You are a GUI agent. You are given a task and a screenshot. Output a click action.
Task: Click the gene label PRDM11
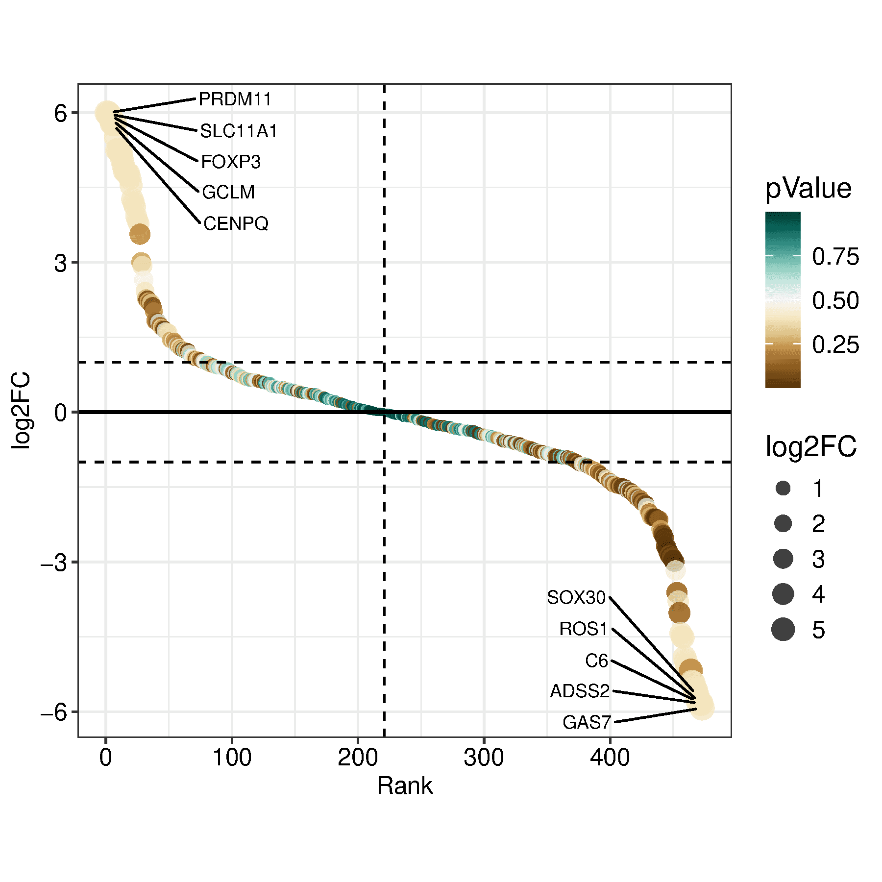235,99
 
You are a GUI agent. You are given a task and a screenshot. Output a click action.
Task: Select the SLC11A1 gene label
239,131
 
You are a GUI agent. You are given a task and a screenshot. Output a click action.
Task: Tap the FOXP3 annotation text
231,162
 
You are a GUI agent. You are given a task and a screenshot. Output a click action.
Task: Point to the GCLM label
228,193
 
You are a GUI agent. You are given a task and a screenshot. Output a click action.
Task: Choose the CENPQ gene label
236,224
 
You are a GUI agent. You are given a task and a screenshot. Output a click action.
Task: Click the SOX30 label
576,598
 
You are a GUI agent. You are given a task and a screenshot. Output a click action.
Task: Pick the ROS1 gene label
583,629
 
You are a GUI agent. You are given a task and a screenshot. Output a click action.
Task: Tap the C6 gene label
596,661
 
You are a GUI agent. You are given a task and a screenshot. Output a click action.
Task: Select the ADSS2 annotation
580,691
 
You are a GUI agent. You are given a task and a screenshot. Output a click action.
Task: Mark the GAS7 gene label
587,723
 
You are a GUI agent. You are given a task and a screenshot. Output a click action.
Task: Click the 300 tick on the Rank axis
484,758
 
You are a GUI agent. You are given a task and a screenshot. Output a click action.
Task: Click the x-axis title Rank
405,786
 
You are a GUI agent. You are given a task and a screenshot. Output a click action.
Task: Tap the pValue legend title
808,189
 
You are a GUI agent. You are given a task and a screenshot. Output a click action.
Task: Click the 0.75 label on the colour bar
835,257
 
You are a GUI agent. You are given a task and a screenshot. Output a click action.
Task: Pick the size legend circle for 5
783,629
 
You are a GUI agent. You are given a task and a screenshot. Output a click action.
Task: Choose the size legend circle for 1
783,489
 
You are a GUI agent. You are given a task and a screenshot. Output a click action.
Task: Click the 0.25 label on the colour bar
835,345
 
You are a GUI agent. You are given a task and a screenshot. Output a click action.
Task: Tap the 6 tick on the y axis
60,114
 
